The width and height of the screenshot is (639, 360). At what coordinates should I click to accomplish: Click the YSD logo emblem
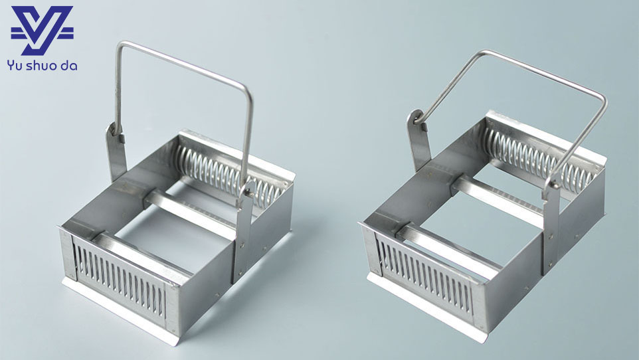click(42, 30)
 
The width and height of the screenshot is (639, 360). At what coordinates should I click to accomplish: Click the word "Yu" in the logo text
click(14, 66)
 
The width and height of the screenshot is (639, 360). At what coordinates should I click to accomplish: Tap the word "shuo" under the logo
click(41, 65)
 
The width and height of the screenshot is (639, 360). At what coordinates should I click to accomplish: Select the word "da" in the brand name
click(68, 65)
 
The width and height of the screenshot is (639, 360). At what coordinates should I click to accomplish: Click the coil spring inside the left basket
click(228, 176)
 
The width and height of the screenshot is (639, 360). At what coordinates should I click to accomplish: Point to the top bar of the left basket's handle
click(184, 63)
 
